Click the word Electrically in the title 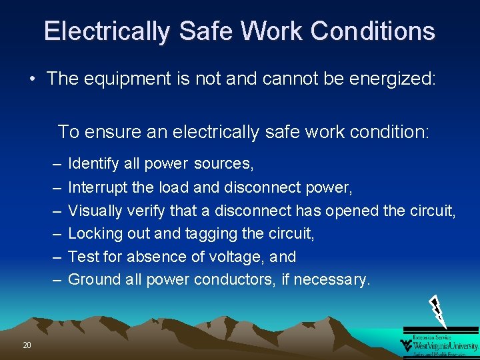[107, 31]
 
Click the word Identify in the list [93, 164]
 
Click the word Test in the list [81, 257]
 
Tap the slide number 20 [27, 345]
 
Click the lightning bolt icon [437, 311]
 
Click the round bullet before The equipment [32, 79]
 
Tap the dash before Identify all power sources [57, 164]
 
